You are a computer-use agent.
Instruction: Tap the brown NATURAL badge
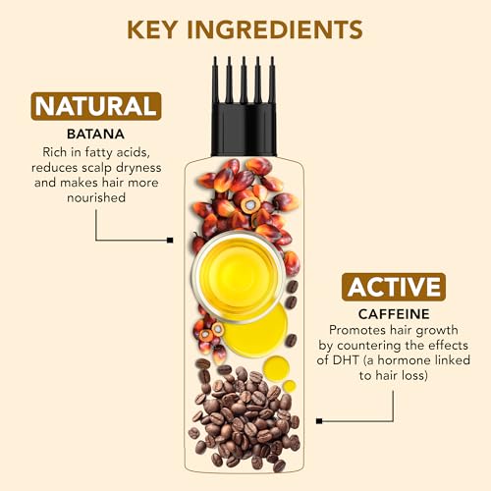pyautogui.click(x=95, y=105)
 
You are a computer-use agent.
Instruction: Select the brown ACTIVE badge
pyautogui.click(x=394, y=287)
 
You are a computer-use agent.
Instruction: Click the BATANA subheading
pyautogui.click(x=95, y=135)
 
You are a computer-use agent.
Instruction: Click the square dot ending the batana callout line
pyautogui.click(x=170, y=240)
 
